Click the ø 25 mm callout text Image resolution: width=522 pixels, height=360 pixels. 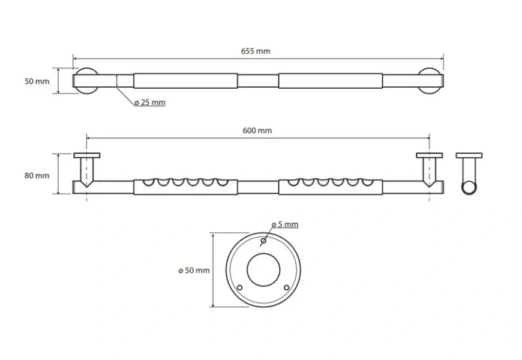149,103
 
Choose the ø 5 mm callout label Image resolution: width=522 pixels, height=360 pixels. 284,224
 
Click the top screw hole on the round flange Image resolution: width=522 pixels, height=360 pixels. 263,241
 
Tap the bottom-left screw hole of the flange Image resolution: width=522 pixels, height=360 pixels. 240,288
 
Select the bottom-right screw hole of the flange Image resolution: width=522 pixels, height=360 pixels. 287,288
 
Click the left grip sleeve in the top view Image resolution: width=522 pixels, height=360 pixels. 185,81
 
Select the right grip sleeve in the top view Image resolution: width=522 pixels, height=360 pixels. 331,81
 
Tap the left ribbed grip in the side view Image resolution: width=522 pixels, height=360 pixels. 185,187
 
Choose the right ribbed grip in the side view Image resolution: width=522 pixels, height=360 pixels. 331,187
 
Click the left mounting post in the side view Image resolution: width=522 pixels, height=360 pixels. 87,169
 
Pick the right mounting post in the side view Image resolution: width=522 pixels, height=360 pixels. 430,169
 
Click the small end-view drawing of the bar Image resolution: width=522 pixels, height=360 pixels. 469,175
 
